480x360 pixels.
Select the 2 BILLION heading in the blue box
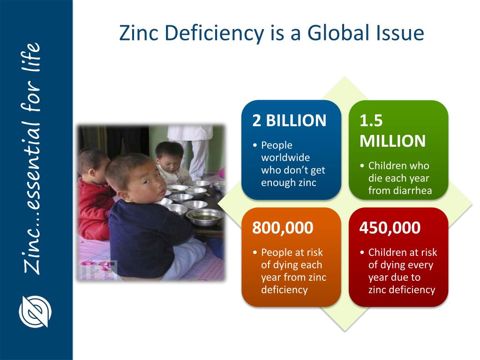[289, 121]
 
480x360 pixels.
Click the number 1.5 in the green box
[371, 121]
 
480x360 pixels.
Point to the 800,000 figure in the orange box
[283, 228]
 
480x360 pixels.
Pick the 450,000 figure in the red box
[390, 228]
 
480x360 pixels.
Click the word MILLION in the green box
[393, 141]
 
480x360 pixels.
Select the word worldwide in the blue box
[285, 157]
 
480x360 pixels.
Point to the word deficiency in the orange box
[285, 290]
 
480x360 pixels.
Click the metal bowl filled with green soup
[205, 217]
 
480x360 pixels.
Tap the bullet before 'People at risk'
[255, 253]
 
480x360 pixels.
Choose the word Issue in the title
[402, 33]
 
